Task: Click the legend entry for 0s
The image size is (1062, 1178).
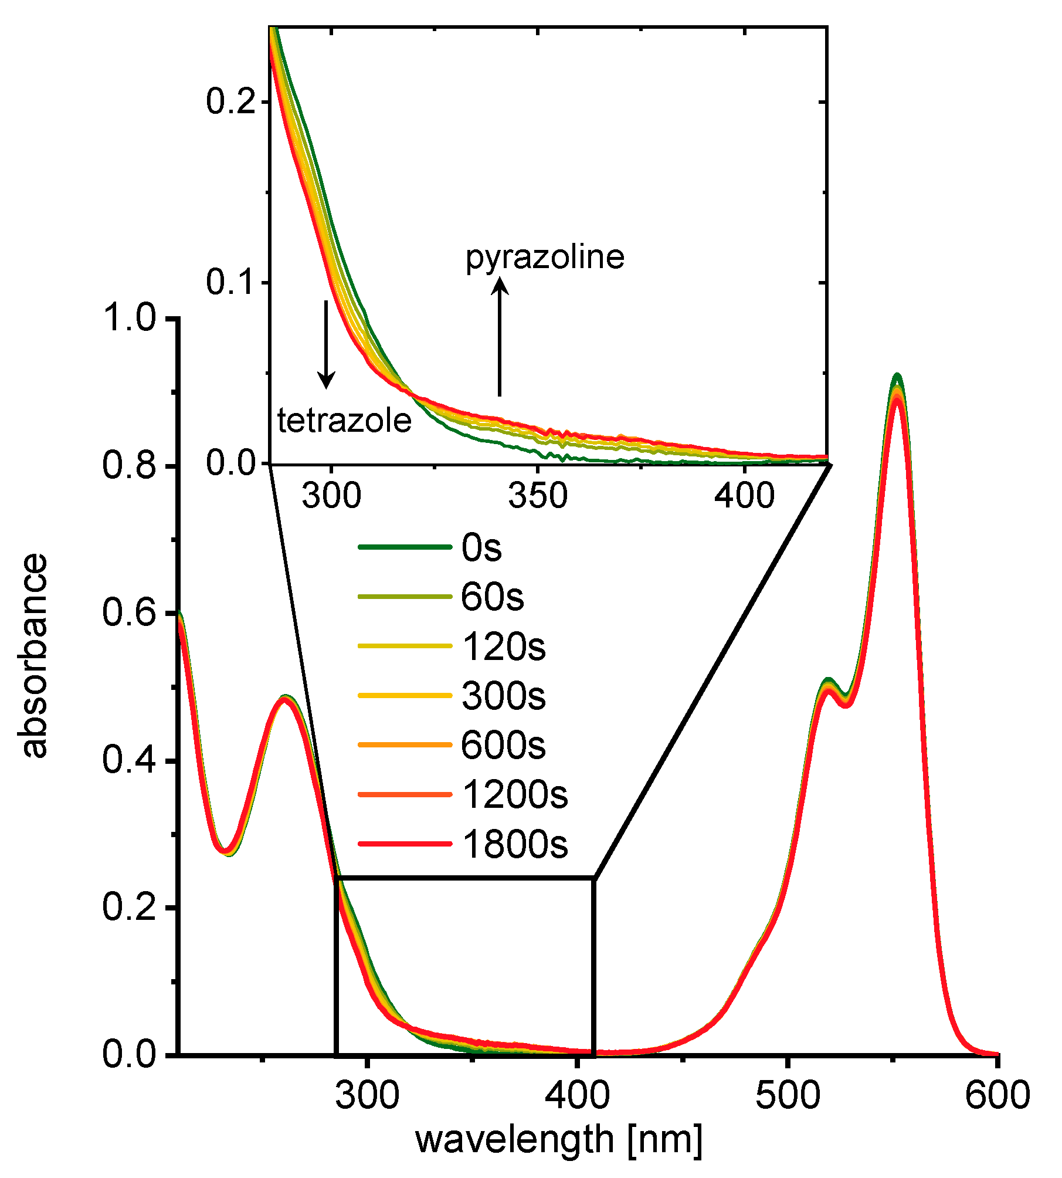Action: [x=481, y=548]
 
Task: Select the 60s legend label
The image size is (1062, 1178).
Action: [x=491, y=597]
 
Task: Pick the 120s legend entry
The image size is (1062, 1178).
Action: [x=503, y=647]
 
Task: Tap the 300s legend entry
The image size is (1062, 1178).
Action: [x=503, y=696]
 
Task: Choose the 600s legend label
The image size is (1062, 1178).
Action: [x=503, y=746]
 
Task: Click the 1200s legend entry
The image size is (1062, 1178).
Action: [x=514, y=796]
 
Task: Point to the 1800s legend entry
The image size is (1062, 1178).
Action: [x=514, y=845]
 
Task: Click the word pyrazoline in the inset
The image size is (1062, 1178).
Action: [x=545, y=258]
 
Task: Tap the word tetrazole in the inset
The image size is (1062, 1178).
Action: [x=344, y=421]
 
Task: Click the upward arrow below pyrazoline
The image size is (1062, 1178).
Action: [x=500, y=337]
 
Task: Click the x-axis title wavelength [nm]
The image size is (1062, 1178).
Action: [x=558, y=1140]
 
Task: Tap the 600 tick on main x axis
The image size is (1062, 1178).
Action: [x=997, y=1095]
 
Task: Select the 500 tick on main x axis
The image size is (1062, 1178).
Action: [x=787, y=1095]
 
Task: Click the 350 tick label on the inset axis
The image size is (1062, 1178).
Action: [x=537, y=496]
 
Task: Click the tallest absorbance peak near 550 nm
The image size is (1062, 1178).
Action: [x=896, y=377]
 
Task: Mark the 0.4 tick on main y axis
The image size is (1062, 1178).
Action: [x=129, y=760]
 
